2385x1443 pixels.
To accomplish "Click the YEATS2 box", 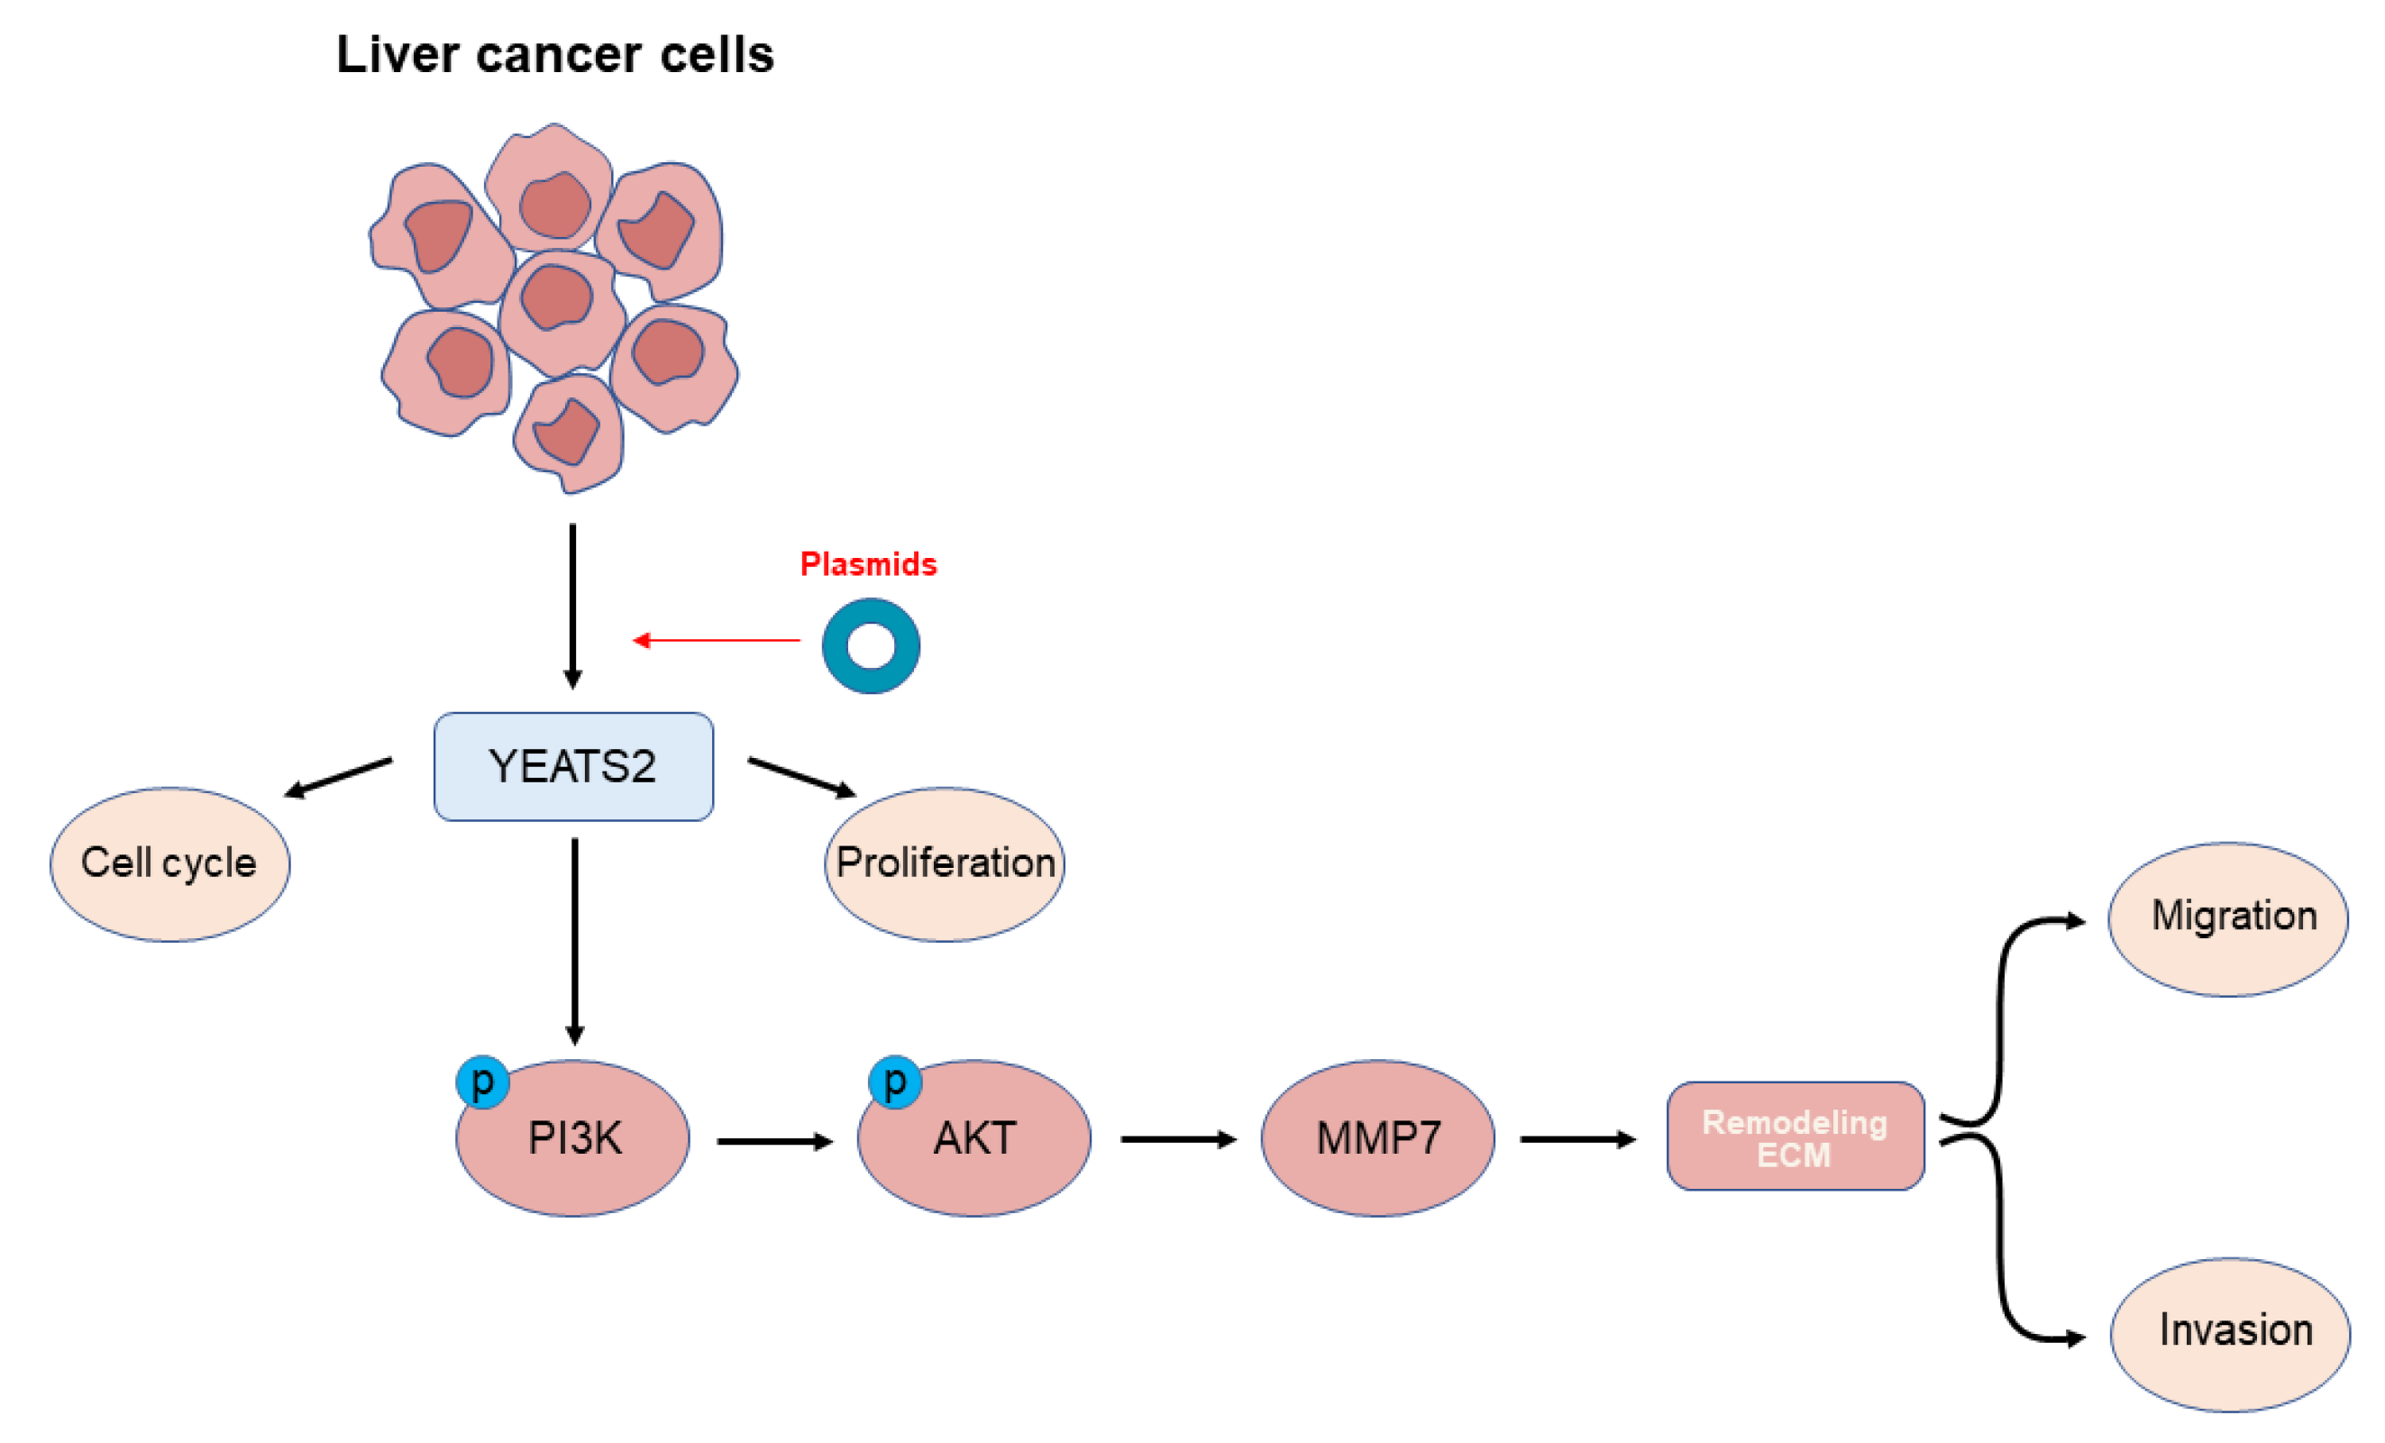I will click(573, 766).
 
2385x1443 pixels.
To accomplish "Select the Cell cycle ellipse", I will click(169, 863).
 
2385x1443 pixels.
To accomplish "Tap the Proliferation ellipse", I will click(945, 863).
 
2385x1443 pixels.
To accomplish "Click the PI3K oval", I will click(573, 1138).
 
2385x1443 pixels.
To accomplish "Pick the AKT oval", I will click(974, 1138).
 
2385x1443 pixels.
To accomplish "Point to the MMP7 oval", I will click(1377, 1138).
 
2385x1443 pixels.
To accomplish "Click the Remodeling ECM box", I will click(1795, 1137).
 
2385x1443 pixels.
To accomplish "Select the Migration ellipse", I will click(2228, 917).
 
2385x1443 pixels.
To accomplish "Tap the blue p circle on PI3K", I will click(482, 1082).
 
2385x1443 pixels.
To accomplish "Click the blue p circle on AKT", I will click(894, 1081).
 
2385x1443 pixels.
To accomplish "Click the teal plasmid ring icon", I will click(870, 645).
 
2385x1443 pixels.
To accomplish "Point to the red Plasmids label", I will click(868, 564).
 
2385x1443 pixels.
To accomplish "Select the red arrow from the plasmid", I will click(717, 640).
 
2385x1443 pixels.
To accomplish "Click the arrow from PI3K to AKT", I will click(774, 1142).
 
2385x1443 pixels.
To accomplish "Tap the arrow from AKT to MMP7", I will click(1178, 1139).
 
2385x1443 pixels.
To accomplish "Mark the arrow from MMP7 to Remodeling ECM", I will click(1576, 1139).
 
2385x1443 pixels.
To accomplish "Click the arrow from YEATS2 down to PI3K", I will click(575, 939).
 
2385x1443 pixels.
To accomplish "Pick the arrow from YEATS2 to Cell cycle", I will click(339, 777).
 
